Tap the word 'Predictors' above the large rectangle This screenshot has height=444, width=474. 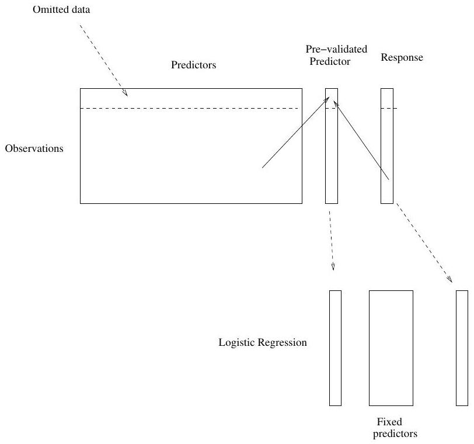coord(193,65)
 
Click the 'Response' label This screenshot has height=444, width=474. coord(402,58)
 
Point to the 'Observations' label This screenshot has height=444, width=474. coord(33,148)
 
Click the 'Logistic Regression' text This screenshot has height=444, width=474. coord(262,343)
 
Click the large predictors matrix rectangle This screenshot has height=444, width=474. coord(191,158)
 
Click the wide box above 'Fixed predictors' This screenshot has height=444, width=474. coord(391,348)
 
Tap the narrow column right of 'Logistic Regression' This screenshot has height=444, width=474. coord(335,348)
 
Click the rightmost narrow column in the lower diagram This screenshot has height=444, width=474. coord(461,348)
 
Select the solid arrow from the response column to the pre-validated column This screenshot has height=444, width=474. coord(362,140)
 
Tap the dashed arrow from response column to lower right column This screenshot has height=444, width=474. coord(424,243)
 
